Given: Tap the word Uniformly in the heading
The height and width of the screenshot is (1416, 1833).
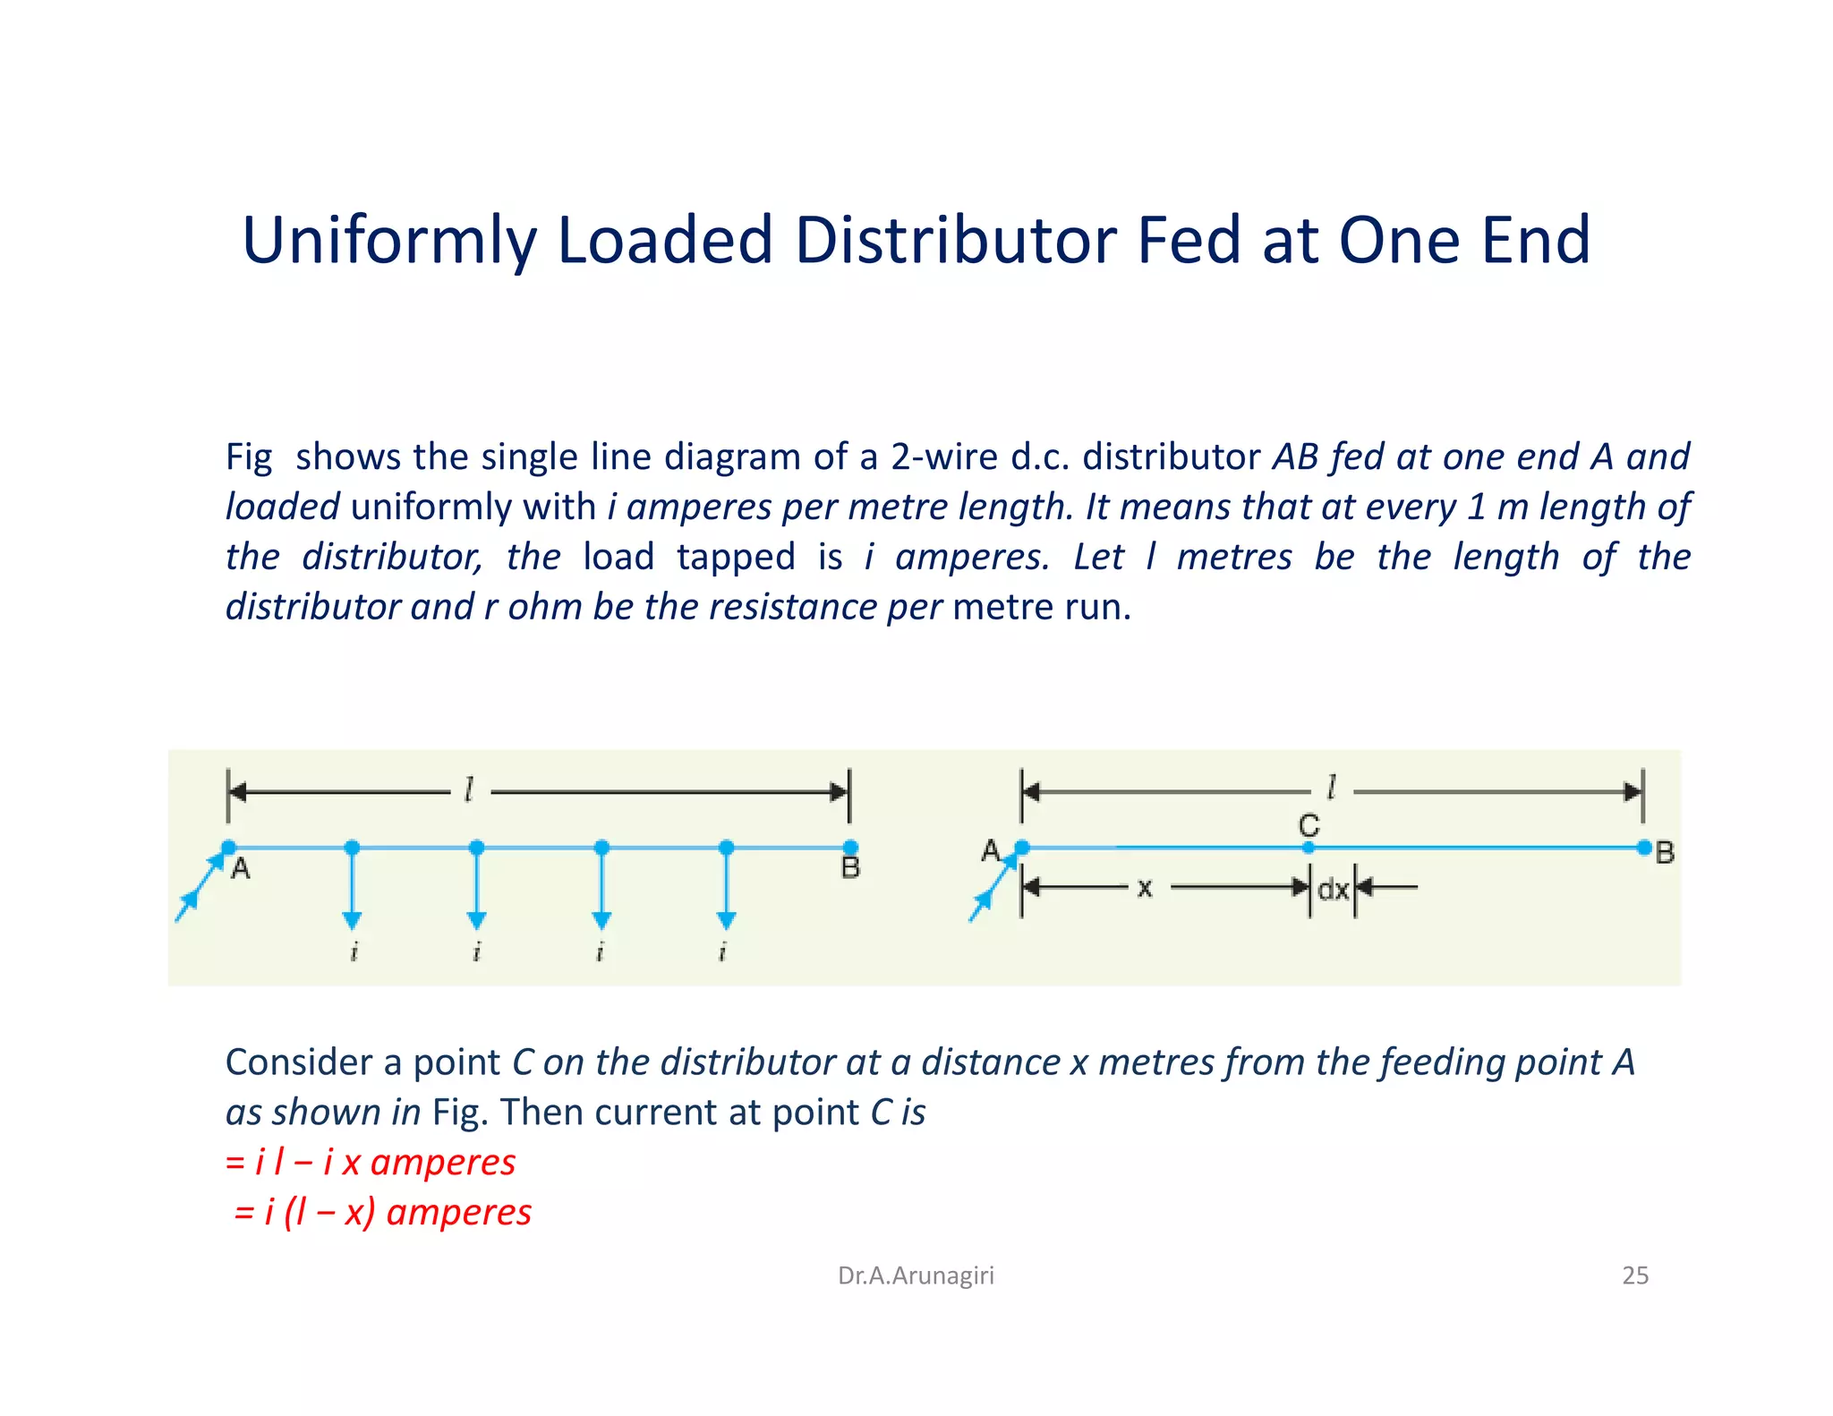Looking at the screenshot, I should tap(388, 242).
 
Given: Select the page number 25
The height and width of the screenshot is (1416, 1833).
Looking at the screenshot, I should tap(1634, 1275).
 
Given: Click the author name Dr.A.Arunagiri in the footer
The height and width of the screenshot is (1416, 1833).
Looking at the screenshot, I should tap(915, 1275).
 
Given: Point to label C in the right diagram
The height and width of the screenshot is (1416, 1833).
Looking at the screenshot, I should tap(1309, 824).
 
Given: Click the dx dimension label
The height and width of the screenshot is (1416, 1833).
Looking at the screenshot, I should tap(1333, 889).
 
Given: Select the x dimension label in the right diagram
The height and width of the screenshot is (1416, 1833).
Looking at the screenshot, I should tap(1144, 888).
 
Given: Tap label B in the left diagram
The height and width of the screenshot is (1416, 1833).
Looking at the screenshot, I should tap(849, 867).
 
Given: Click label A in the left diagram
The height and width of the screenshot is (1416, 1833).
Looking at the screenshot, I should tap(240, 867).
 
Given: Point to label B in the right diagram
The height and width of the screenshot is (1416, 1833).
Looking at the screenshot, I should tap(1664, 852).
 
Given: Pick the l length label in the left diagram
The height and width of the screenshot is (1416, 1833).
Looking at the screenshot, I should tap(468, 790).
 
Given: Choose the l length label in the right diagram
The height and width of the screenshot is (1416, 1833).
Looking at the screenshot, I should tap(1331, 788).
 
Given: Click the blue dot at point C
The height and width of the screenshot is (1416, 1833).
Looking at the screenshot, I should tap(1309, 848).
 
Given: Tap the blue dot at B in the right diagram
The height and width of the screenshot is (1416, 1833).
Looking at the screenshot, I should tap(1643, 848).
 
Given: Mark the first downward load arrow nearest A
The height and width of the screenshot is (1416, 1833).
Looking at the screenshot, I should tap(352, 886).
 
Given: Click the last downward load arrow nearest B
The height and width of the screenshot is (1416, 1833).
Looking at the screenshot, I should tap(726, 886).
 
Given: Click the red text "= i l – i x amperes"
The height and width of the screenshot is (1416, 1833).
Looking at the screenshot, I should tap(371, 1162).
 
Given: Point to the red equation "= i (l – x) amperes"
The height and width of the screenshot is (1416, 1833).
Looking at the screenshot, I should tap(382, 1212).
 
